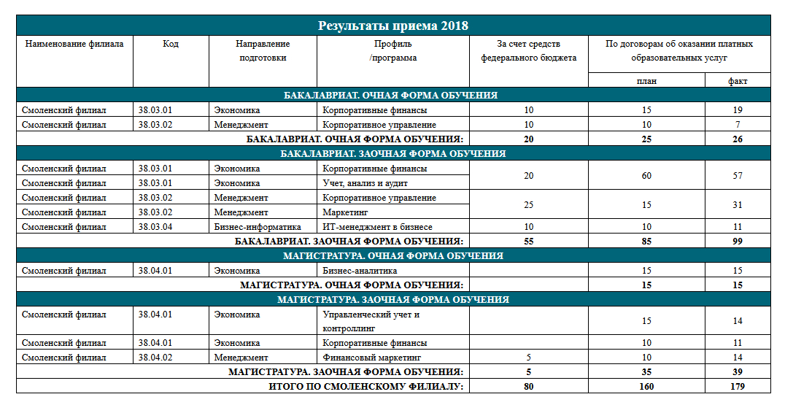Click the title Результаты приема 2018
(x=392, y=26)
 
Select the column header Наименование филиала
(x=74, y=44)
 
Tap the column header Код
(x=171, y=44)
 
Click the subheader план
(x=646, y=81)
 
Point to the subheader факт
(x=738, y=81)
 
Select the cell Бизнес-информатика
(x=258, y=227)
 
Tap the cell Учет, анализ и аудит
(x=365, y=183)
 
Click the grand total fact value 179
(x=738, y=387)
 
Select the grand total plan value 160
(x=646, y=387)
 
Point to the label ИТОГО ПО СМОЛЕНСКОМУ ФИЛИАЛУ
(x=366, y=387)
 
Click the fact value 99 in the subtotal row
(x=738, y=241)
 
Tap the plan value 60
(x=646, y=176)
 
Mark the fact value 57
(x=738, y=176)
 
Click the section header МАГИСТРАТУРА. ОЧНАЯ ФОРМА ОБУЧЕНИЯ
(x=392, y=256)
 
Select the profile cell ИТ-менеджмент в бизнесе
(x=377, y=227)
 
